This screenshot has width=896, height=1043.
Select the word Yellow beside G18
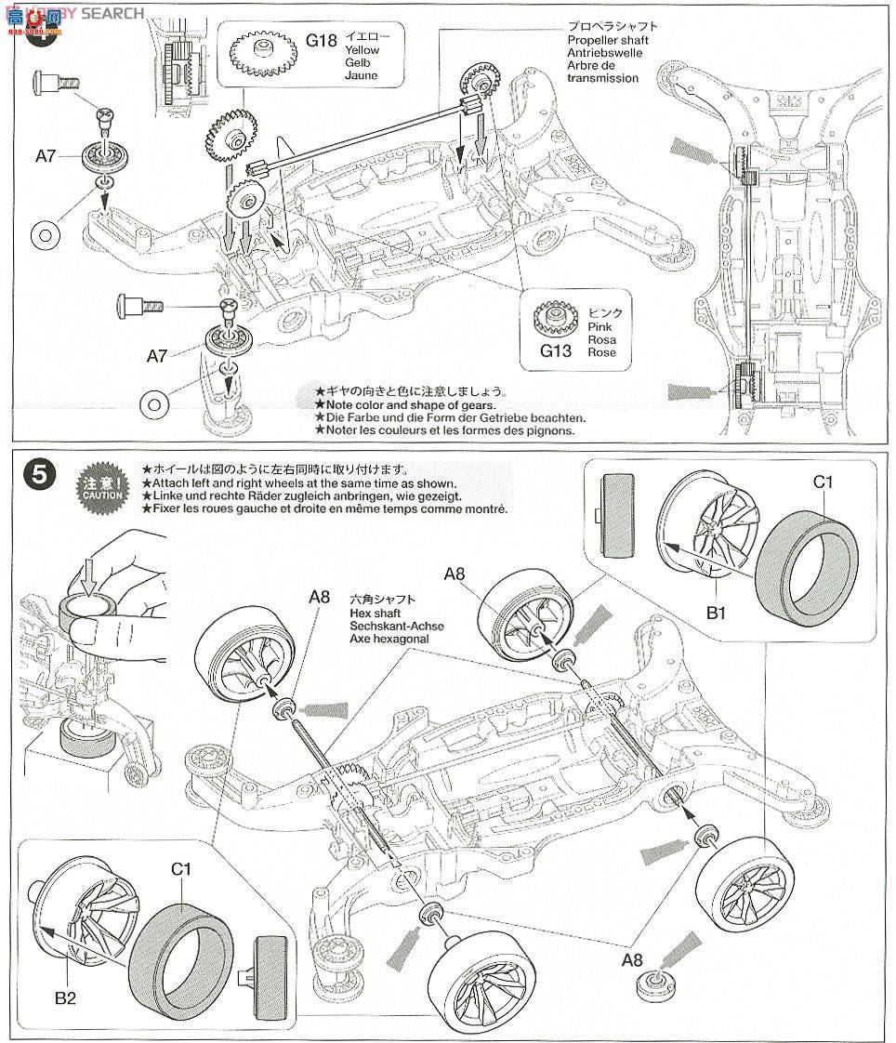click(x=362, y=48)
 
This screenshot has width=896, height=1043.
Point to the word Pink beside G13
click(x=600, y=327)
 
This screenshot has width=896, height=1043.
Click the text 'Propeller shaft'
click(x=607, y=40)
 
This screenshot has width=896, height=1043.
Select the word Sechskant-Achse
click(x=397, y=627)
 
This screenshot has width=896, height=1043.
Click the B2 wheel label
click(x=64, y=998)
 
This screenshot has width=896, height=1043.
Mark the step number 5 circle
click(x=38, y=474)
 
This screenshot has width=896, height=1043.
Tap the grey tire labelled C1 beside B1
click(x=806, y=561)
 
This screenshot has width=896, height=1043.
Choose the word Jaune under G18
click(x=361, y=74)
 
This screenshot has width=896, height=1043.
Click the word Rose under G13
click(x=601, y=352)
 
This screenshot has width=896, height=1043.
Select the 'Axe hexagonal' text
click(x=390, y=640)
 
